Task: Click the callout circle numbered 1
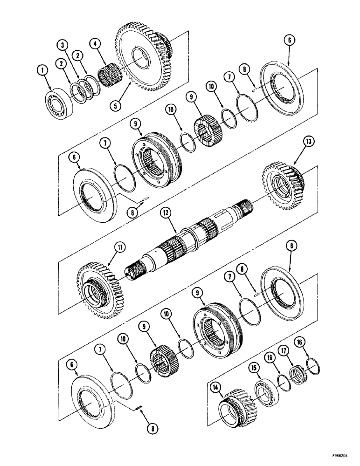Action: click(42, 70)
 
